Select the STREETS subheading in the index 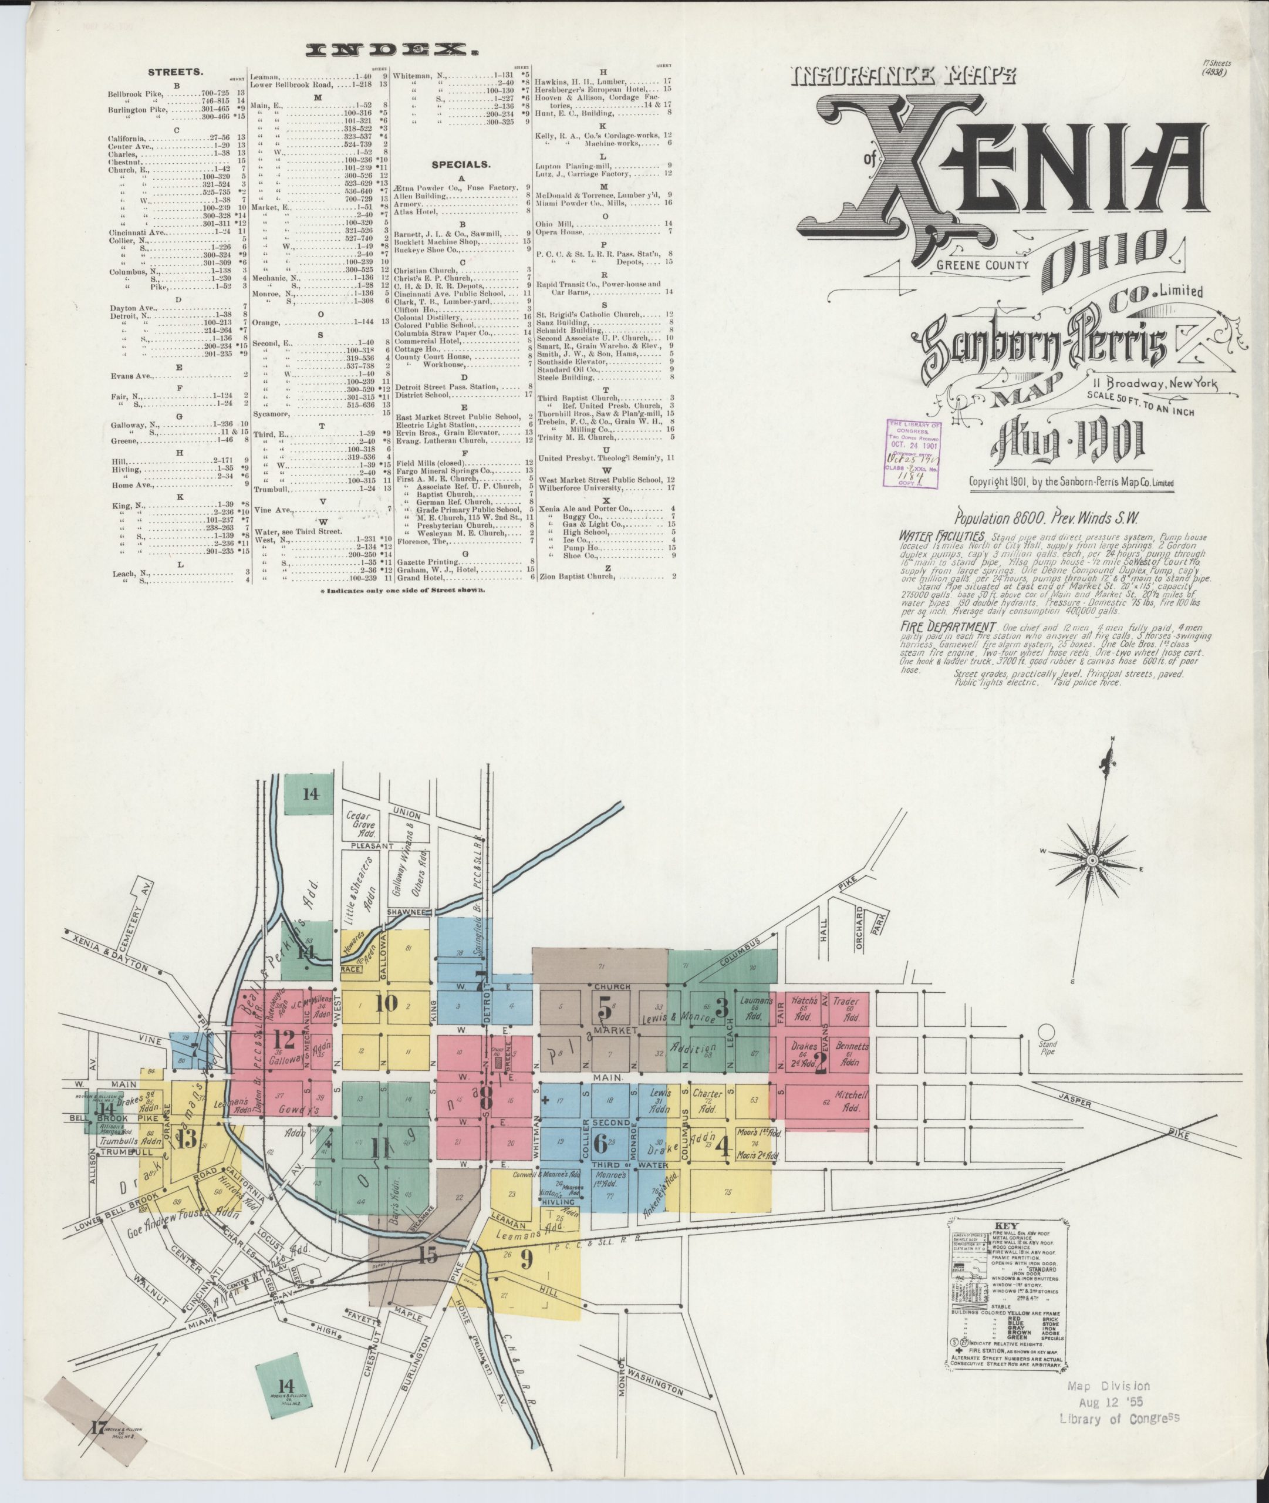176,73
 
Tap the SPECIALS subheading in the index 461,164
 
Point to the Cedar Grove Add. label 357,827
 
